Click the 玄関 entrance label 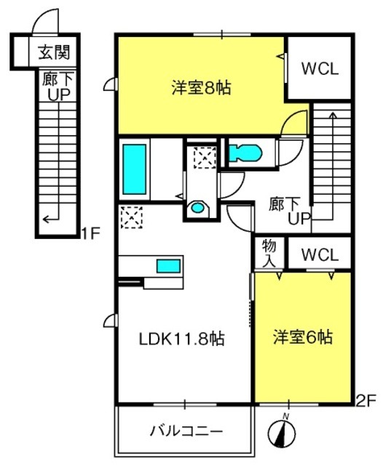click(x=54, y=52)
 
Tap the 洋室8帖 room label click(x=201, y=88)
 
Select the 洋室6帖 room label click(x=303, y=337)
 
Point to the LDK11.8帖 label click(x=181, y=339)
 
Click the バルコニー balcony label click(x=186, y=431)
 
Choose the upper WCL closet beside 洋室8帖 click(x=320, y=69)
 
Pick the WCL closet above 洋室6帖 click(x=320, y=255)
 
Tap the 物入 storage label click(x=269, y=254)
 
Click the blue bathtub click(x=135, y=169)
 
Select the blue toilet click(x=245, y=153)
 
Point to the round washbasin click(x=197, y=207)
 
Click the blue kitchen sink click(x=168, y=266)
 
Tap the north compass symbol click(x=282, y=433)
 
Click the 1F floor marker click(x=90, y=234)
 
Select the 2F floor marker click(x=366, y=400)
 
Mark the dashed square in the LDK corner click(x=132, y=217)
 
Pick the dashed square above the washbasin click(x=205, y=158)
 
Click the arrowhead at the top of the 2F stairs click(x=333, y=115)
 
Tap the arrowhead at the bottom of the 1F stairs click(x=46, y=219)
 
